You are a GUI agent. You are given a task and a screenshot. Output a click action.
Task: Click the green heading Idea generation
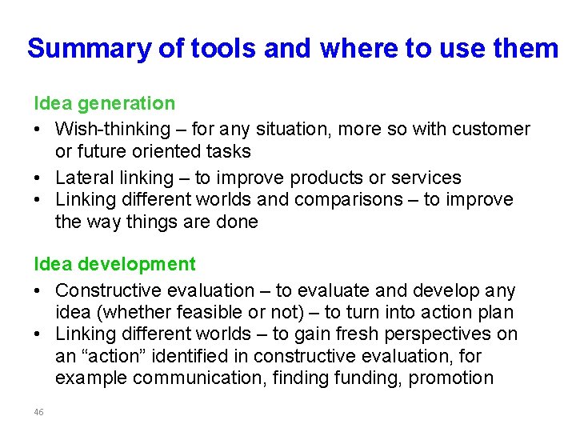click(104, 103)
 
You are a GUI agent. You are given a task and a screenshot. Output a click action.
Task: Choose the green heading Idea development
click(114, 264)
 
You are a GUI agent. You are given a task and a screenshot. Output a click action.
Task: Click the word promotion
click(451, 378)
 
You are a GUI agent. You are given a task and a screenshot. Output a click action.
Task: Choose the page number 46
click(38, 412)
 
